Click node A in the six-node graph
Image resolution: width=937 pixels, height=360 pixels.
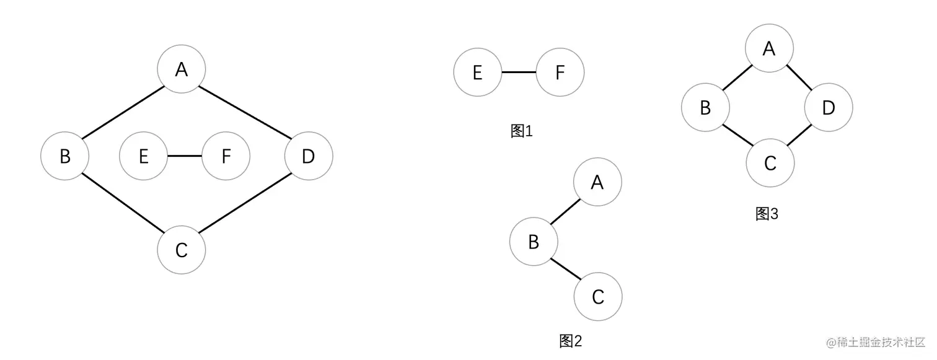181,69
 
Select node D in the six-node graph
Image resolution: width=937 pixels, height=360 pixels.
309,156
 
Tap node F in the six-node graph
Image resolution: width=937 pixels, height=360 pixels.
226,156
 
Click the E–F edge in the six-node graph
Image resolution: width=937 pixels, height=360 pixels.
185,156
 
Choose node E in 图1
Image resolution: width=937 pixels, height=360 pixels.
477,72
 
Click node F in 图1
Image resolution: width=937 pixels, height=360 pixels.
560,72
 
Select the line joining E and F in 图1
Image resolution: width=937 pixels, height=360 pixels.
518,72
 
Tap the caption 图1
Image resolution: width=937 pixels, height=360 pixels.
521,131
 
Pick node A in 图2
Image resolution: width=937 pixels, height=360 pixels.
597,182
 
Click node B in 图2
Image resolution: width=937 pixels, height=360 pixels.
534,242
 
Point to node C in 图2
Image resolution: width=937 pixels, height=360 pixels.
597,297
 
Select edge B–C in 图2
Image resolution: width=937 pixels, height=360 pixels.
565,269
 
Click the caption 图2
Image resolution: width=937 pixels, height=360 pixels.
571,340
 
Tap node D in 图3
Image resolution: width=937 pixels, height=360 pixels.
829,108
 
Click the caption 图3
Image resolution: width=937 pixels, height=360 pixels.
767,214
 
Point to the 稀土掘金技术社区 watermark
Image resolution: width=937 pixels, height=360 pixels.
876,341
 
